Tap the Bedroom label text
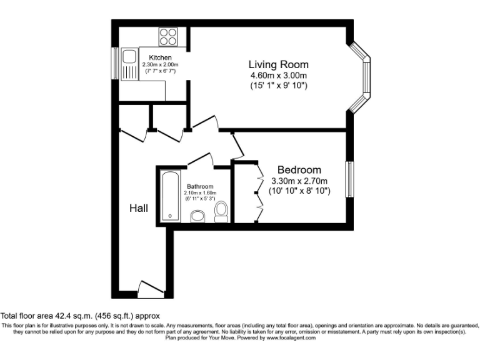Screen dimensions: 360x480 pyautogui.click(x=299, y=170)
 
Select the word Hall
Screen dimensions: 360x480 pyautogui.click(x=139, y=208)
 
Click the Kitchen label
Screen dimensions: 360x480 pyautogui.click(x=160, y=58)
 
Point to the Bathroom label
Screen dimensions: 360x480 pyautogui.click(x=200, y=186)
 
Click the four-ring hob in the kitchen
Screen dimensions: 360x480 pyautogui.click(x=167, y=36)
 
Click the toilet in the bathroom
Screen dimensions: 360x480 pyautogui.click(x=221, y=212)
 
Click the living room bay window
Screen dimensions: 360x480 pyautogui.click(x=361, y=78)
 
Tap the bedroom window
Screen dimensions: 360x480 pyautogui.click(x=350, y=180)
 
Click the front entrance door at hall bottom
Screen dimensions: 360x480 pyautogui.click(x=148, y=289)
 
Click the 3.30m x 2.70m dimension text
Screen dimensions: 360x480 pyautogui.click(x=299, y=181)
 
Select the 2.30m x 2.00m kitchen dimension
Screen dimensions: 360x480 pyautogui.click(x=160, y=64)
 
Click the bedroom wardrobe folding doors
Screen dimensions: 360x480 pyautogui.click(x=257, y=192)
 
